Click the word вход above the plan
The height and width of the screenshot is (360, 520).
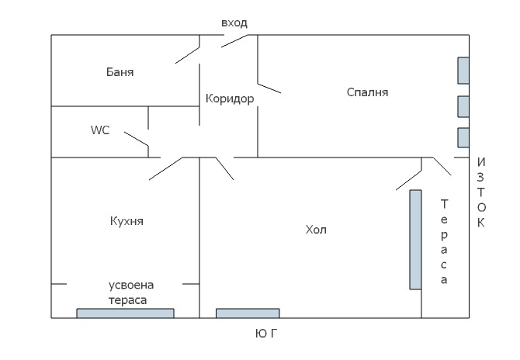coord(234,23)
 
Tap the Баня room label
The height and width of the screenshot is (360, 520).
coord(120,72)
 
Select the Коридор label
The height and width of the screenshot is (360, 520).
coord(230,99)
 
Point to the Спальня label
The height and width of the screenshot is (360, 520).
coord(367,92)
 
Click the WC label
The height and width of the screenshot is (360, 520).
coord(100,130)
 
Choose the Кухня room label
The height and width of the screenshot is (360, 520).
coord(127,221)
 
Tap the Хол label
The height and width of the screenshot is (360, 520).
coord(317,230)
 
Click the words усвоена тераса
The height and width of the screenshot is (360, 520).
coord(127,292)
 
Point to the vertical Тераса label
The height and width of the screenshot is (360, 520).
coord(445,242)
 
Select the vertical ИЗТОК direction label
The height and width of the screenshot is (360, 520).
coord(481,193)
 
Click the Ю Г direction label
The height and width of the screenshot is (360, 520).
coord(266,333)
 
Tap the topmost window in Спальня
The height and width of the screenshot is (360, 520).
coord(463,70)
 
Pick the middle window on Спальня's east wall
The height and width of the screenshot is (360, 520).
coord(463,106)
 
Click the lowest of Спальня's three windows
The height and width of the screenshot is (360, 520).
coord(463,137)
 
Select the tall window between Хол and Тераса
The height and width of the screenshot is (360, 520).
coord(415,239)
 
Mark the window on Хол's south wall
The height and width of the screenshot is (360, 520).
coord(248,313)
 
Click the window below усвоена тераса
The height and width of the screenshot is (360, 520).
coord(125,313)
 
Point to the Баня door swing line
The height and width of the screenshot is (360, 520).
coord(188,53)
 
